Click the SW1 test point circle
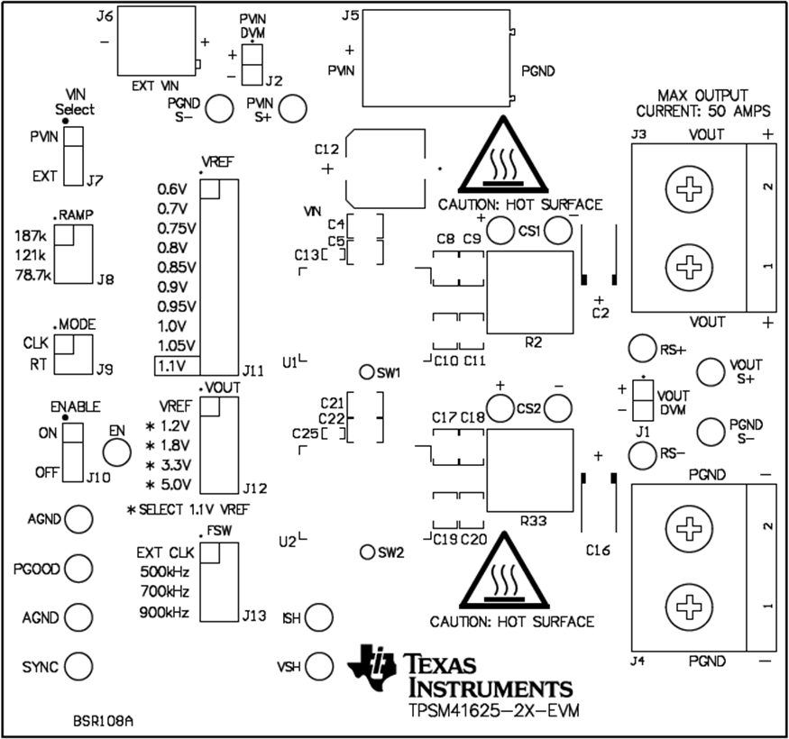click(367, 372)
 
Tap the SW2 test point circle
click(367, 552)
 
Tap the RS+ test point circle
click(641, 348)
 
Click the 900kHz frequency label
click(164, 613)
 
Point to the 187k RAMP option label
click(33, 234)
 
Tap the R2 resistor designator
click(533, 343)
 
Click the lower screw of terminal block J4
click(689, 605)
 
